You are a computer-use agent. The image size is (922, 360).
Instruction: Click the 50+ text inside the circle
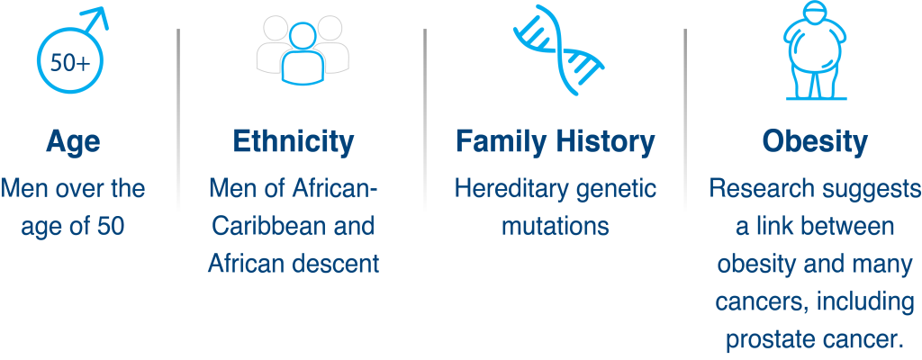tap(70, 62)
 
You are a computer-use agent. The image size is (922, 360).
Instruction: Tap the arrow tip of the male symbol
tap(107, 8)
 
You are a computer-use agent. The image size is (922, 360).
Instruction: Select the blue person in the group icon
tap(303, 55)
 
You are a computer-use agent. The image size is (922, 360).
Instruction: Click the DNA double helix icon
tap(558, 49)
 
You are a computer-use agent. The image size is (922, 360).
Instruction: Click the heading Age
tap(73, 143)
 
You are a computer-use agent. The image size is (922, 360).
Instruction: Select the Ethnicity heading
tap(294, 142)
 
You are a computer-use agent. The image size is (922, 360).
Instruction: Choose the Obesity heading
tap(815, 142)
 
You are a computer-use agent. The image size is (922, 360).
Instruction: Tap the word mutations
tap(555, 227)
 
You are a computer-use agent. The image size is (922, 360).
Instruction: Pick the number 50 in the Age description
tap(111, 227)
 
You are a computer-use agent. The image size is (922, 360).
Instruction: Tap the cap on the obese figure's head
tap(816, 13)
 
